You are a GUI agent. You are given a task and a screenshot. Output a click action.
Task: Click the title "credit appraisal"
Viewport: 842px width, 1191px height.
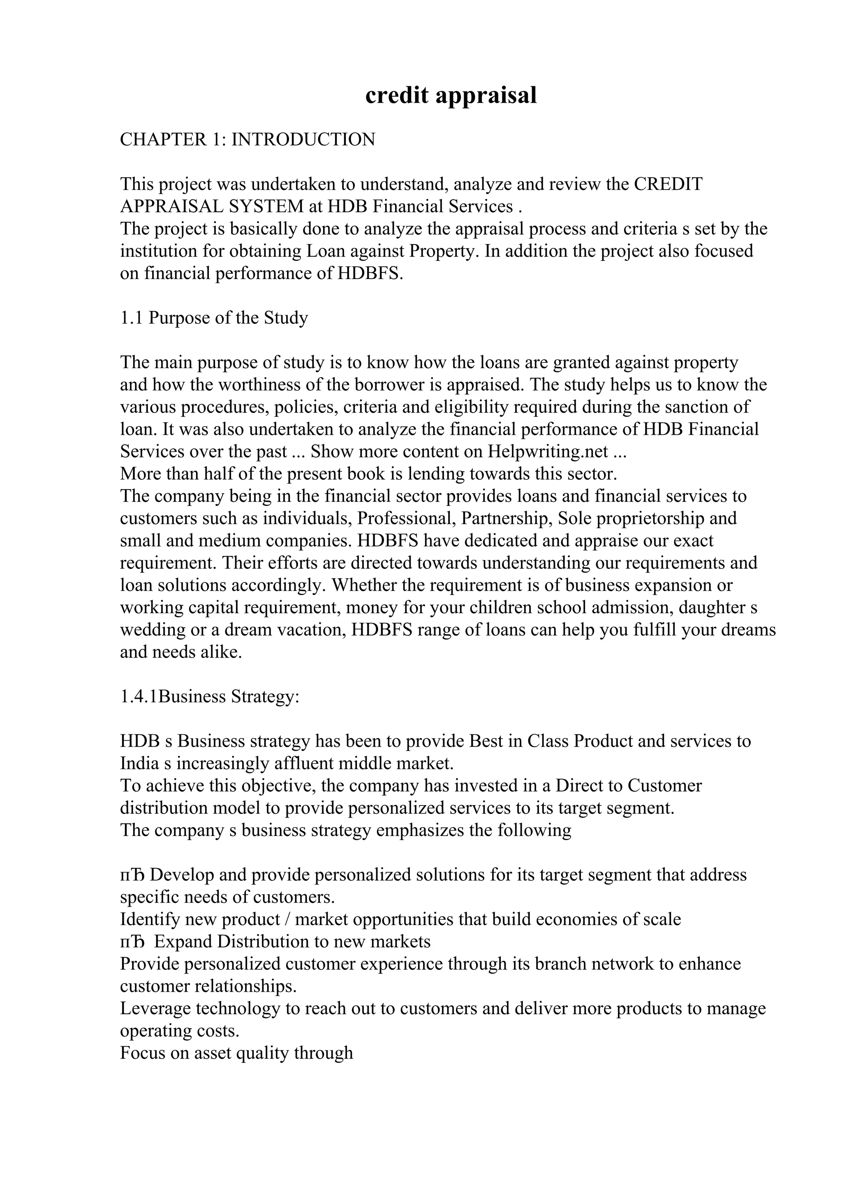click(451, 95)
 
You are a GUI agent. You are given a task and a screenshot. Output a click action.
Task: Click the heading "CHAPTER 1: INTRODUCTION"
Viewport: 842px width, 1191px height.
click(248, 140)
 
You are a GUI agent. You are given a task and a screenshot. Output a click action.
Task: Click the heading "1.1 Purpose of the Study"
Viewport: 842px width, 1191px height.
click(214, 317)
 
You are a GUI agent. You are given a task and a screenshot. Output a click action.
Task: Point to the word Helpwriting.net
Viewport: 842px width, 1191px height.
click(547, 451)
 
